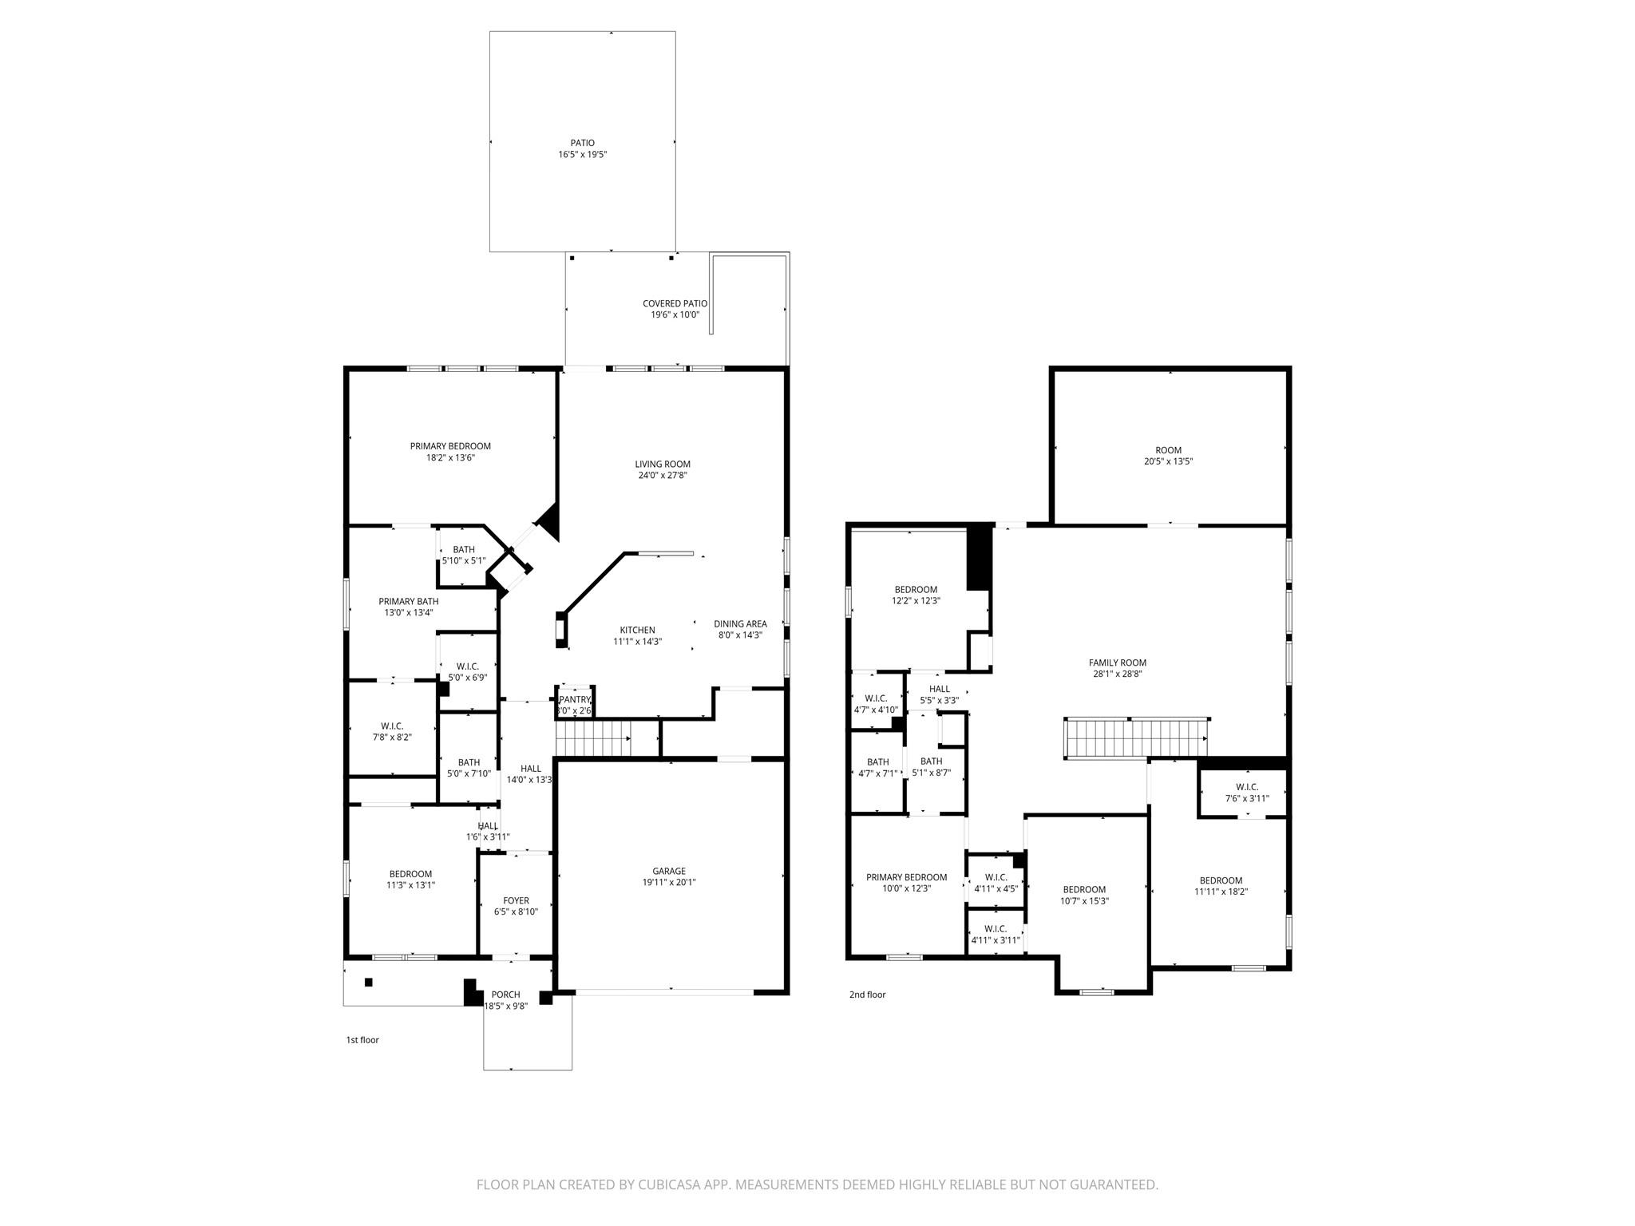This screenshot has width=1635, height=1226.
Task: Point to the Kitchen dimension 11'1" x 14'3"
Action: pyautogui.click(x=637, y=642)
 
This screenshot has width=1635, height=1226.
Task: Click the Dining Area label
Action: pyautogui.click(x=740, y=624)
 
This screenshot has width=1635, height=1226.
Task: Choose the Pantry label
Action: pyautogui.click(x=575, y=700)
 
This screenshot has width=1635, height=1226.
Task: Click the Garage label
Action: pyautogui.click(x=669, y=872)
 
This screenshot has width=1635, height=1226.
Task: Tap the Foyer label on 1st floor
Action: pyautogui.click(x=516, y=901)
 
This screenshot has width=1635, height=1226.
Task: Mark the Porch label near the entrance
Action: pyautogui.click(x=505, y=995)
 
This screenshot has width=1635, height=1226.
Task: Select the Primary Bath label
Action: pyautogui.click(x=408, y=602)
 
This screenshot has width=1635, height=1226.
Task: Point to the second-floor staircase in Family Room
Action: pyautogui.click(x=1136, y=737)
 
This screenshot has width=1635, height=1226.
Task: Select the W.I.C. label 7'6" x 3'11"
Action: pyautogui.click(x=1246, y=787)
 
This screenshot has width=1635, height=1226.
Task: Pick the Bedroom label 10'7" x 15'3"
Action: pyautogui.click(x=1084, y=890)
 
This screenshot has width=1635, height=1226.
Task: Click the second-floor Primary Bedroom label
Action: pyautogui.click(x=906, y=878)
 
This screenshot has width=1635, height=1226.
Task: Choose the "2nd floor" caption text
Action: pyautogui.click(x=867, y=995)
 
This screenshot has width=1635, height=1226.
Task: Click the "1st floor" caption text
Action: pyautogui.click(x=362, y=1040)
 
